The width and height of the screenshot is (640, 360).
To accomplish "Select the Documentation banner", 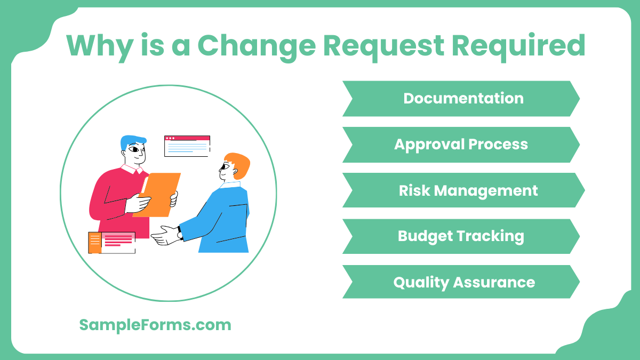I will (x=462, y=99).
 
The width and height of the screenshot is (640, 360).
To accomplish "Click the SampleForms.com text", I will (x=155, y=325).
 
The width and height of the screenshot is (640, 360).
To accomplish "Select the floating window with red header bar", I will (x=187, y=146).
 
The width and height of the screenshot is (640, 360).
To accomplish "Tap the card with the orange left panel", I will (x=111, y=242).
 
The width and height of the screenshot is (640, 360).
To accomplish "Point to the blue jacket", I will (x=224, y=219).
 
